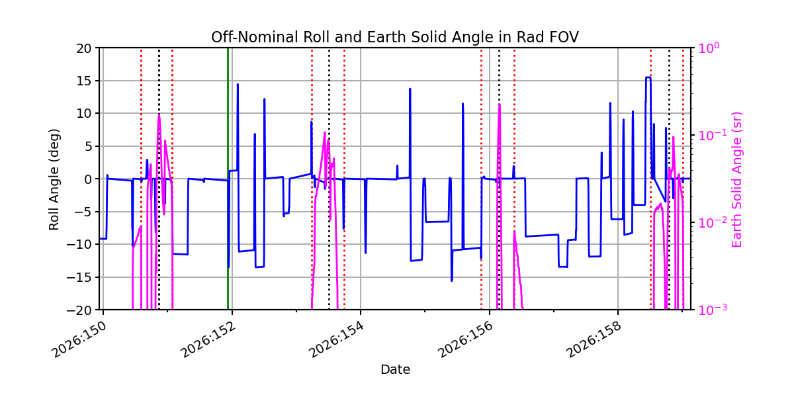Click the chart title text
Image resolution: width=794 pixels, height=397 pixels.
(395, 37)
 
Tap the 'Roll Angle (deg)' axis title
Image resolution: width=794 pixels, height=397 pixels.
(54, 179)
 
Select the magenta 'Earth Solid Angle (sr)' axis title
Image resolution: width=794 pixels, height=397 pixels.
(736, 180)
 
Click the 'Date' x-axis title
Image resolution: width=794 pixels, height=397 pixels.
(395, 369)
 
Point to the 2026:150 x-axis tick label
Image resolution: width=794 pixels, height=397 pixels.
(79, 339)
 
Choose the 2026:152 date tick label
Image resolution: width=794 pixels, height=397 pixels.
(208, 339)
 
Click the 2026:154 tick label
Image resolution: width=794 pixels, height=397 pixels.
(336, 339)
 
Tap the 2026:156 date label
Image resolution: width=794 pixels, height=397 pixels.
(465, 339)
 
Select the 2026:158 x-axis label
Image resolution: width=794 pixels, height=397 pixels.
(594, 339)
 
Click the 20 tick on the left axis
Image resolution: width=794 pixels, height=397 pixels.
(83, 48)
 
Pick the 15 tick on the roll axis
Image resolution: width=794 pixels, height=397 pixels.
(83, 81)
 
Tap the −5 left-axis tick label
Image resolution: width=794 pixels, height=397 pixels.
(83, 212)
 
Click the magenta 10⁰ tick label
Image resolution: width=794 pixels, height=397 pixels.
(709, 48)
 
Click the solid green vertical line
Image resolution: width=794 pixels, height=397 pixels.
(228, 179)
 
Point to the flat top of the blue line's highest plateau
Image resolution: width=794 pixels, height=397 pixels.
(648, 77)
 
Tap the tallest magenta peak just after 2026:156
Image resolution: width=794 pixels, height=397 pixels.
(500, 105)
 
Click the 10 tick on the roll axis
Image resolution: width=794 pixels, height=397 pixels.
(83, 113)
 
